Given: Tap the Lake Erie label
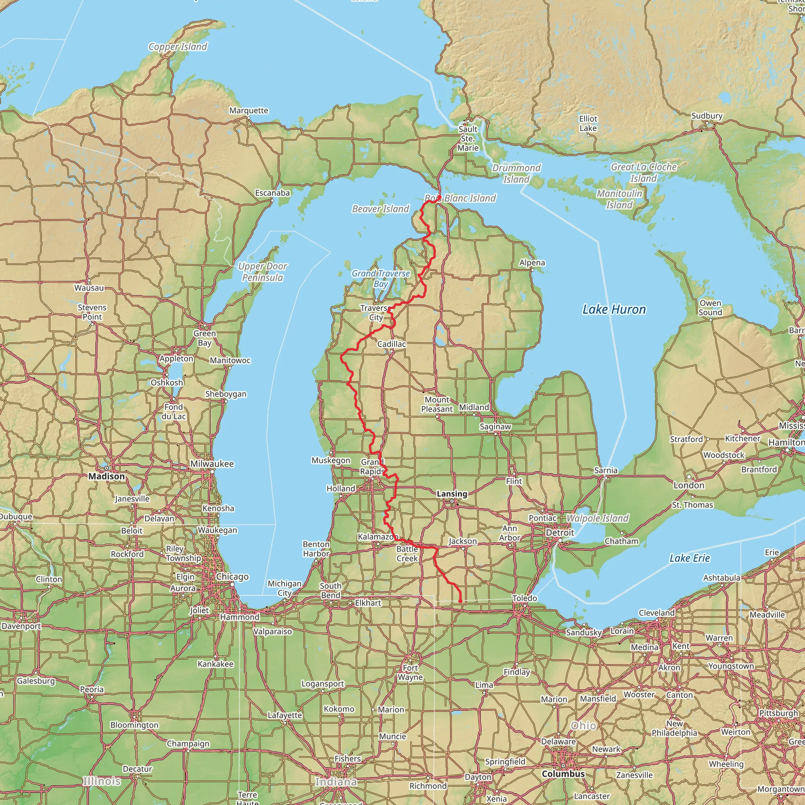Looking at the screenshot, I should pyautogui.click(x=689, y=558).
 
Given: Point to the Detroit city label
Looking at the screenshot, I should pyautogui.click(x=560, y=533).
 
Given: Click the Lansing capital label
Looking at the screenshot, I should pyautogui.click(x=452, y=494).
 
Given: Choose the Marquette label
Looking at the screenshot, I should pyautogui.click(x=249, y=110).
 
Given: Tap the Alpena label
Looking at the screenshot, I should pyautogui.click(x=532, y=263).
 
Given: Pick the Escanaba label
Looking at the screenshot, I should pyautogui.click(x=272, y=193).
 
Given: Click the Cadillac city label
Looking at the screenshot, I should pyautogui.click(x=391, y=344).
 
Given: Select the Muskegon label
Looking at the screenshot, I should pyautogui.click(x=331, y=460).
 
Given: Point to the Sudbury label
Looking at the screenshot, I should pyautogui.click(x=707, y=116).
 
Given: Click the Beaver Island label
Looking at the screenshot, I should pyautogui.click(x=380, y=209).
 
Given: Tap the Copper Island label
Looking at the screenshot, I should pyautogui.click(x=178, y=47).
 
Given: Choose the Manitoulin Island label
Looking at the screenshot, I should pyautogui.click(x=619, y=199).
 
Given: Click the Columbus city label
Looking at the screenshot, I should pyautogui.click(x=563, y=774).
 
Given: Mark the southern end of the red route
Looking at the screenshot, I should pyautogui.click(x=460, y=601).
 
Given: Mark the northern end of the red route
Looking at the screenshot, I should pyautogui.click(x=439, y=197).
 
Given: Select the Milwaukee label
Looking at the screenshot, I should pyautogui.click(x=212, y=464).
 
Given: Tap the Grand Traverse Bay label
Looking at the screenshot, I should pyautogui.click(x=381, y=278).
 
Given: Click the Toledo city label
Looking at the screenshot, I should pyautogui.click(x=525, y=598).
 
